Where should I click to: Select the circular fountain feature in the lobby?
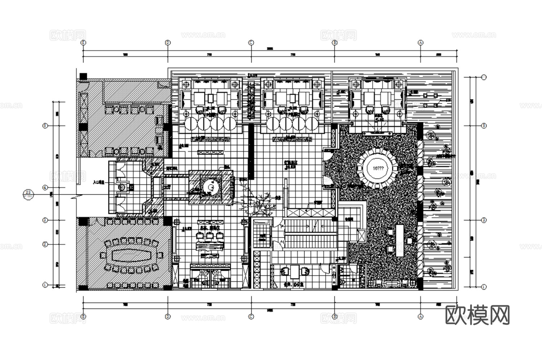(210, 188)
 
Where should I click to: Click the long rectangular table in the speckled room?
(399, 240)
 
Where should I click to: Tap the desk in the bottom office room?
(294, 272)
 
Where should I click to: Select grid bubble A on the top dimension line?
(420, 42)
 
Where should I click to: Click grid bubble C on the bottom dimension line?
(251, 316)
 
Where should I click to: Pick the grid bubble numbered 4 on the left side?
(45, 188)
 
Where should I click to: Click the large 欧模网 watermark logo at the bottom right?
(478, 315)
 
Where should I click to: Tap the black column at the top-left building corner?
(83, 76)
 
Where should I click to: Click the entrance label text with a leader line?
(98, 183)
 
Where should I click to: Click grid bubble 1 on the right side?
(484, 287)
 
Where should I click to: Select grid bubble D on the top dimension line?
(167, 42)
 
